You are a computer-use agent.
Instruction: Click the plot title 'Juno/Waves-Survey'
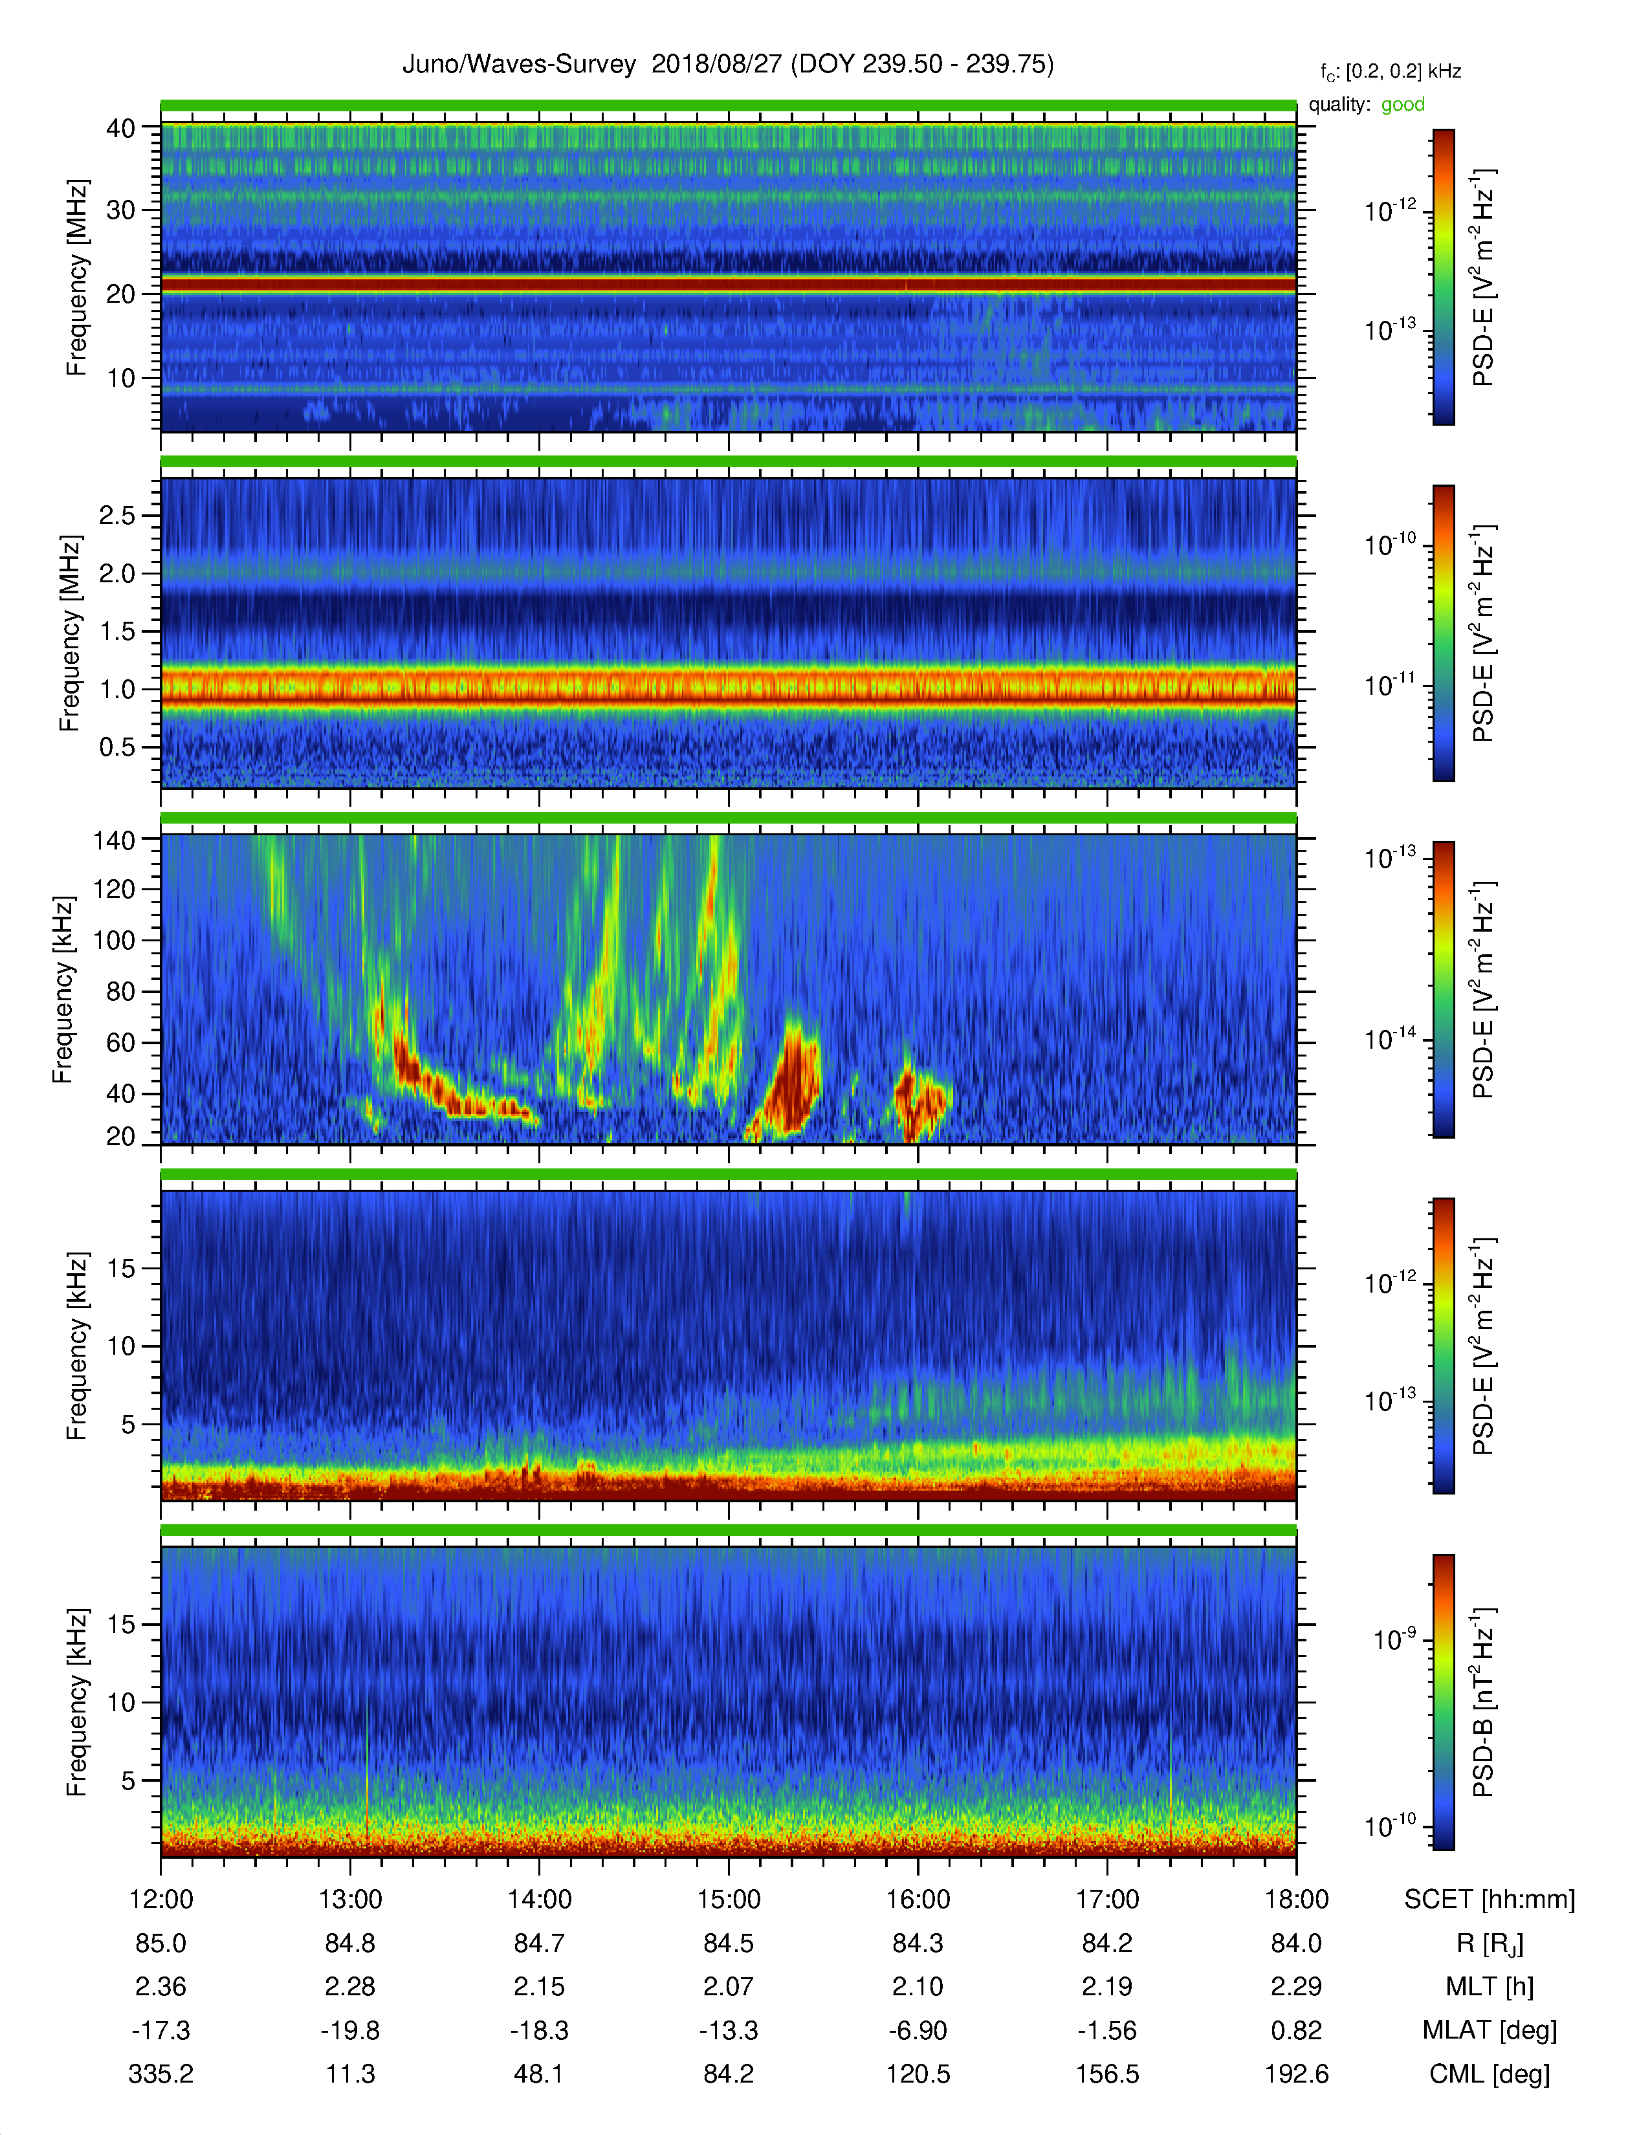(519, 65)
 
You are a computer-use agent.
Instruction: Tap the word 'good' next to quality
(1403, 105)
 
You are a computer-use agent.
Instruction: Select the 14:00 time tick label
(540, 1900)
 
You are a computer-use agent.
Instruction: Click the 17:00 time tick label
(1108, 1900)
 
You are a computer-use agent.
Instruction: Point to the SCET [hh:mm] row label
(1490, 1900)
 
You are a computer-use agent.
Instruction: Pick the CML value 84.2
(728, 2074)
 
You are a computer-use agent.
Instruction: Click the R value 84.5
(728, 1943)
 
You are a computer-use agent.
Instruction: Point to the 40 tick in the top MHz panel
(121, 128)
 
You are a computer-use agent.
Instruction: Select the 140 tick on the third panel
(113, 840)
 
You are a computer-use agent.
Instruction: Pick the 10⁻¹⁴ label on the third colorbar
(1391, 1039)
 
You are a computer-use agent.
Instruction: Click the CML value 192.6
(1296, 2074)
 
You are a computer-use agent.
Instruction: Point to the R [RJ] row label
(1490, 1944)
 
